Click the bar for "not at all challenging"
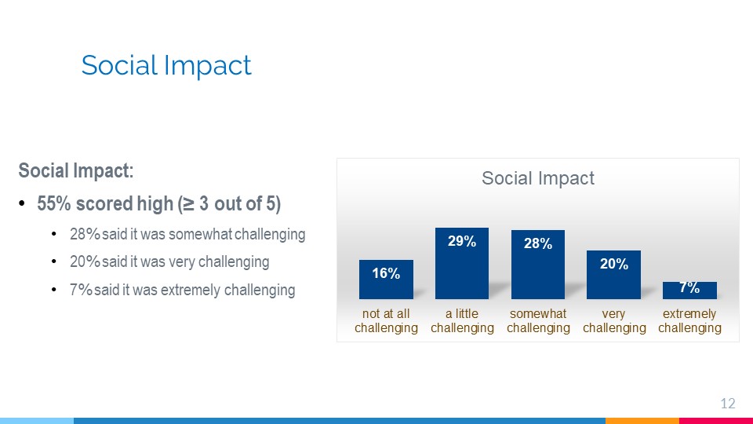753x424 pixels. (386, 280)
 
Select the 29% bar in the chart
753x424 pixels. (462, 264)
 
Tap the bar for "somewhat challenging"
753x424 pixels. (538, 265)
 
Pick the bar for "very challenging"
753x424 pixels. (613, 275)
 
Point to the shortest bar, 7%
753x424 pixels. (689, 291)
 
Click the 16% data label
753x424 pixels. (386, 273)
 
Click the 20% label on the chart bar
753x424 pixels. (614, 264)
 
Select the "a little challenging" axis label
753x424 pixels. (463, 320)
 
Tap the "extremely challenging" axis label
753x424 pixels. (689, 320)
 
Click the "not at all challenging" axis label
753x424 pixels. (386, 320)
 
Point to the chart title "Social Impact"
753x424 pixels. (538, 178)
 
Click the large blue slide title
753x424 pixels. (166, 65)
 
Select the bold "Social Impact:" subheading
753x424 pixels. (76, 170)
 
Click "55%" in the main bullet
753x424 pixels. (54, 204)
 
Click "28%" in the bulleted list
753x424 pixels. (85, 234)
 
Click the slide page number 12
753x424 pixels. (728, 404)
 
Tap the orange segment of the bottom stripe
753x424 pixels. (642, 421)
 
